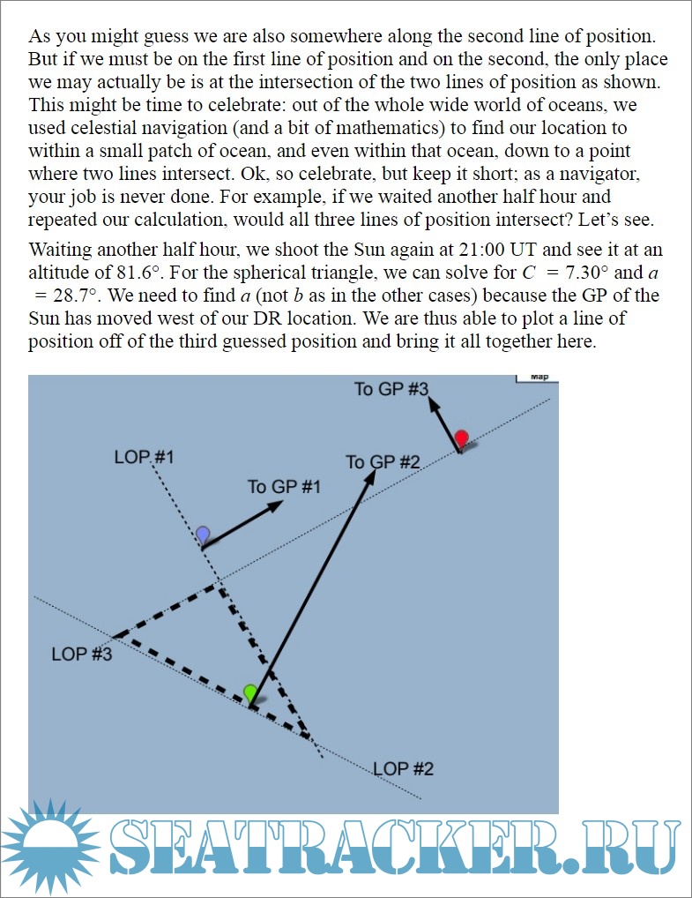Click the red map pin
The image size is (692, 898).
tap(461, 438)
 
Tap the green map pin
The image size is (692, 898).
tap(251, 692)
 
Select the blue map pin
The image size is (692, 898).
tap(203, 534)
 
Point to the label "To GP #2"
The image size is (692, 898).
tap(383, 462)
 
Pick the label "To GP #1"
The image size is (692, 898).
tap(284, 487)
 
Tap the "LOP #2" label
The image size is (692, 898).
tap(404, 768)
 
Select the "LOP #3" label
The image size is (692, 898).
tap(82, 654)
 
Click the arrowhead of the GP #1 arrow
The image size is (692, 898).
tap(277, 505)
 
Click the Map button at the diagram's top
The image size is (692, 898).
tap(538, 378)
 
